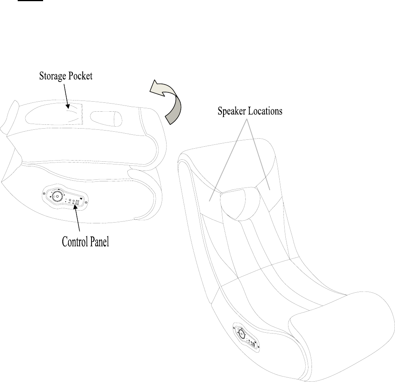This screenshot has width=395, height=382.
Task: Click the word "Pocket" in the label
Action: point(80,76)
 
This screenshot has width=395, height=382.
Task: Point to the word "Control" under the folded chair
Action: point(75,242)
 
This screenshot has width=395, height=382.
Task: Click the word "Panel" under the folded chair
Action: point(99,242)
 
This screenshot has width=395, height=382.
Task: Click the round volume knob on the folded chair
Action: point(57,196)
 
